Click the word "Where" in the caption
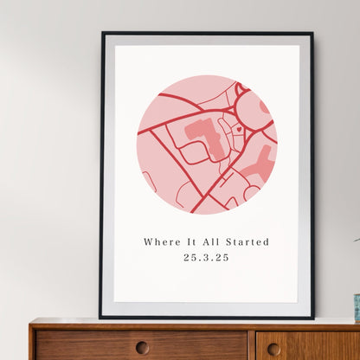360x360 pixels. (158, 242)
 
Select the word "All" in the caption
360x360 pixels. (207, 242)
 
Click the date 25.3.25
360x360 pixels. (207, 258)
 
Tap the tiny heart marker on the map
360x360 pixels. (239, 129)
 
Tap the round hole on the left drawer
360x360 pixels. (142, 347)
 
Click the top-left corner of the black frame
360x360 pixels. (102, 33)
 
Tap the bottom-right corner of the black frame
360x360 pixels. (313, 317)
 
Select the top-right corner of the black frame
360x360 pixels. (312, 33)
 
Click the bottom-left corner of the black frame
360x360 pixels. (100, 317)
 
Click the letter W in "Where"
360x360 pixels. (148, 242)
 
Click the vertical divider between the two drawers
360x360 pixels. (252, 344)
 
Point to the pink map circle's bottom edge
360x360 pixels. (207, 214)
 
